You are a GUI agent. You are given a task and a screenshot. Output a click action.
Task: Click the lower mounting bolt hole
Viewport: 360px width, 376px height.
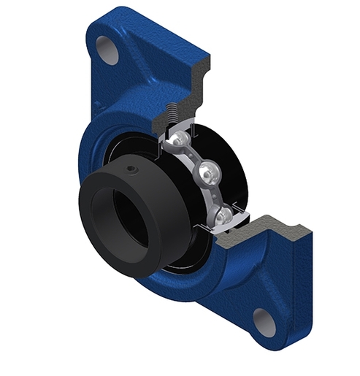coord(264,321)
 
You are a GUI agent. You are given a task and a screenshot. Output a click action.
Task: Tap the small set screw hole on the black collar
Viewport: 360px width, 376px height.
coord(130,169)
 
